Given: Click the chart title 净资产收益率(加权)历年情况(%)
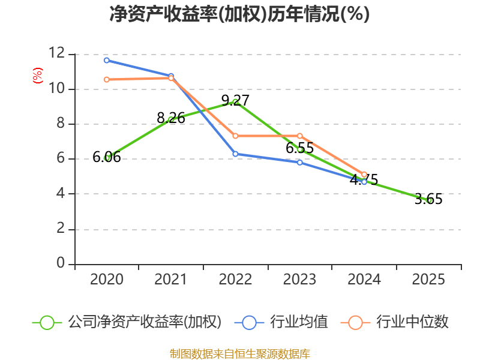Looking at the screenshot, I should tap(239, 14).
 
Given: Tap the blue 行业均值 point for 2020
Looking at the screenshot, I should tap(107, 60).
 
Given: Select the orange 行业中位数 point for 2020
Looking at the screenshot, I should tap(107, 79).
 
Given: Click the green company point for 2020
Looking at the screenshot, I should tap(107, 158).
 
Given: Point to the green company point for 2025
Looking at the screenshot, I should tap(429, 200).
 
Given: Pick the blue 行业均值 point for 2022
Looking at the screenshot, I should tap(236, 154).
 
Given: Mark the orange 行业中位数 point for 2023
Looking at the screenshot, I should tap(300, 136).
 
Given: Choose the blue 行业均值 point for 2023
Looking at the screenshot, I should tap(300, 163).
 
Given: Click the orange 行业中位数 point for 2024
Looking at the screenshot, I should tap(364, 175).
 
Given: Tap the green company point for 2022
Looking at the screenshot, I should tap(236, 101).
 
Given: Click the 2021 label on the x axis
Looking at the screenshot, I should tap(171, 280).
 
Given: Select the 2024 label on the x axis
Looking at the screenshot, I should tap(364, 280).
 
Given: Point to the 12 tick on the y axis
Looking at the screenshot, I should tap(57, 54).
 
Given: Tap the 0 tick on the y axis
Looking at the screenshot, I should tap(60, 264).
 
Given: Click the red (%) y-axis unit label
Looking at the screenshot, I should tap(38, 76).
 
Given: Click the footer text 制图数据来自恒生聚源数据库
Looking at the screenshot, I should tap(239, 353).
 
